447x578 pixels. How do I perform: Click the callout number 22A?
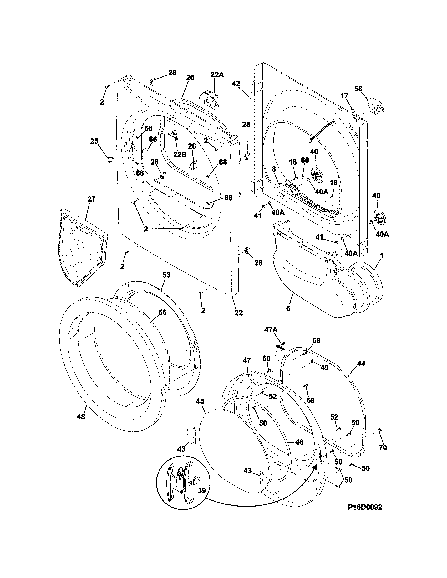coord(217,75)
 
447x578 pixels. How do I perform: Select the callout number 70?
coord(383,447)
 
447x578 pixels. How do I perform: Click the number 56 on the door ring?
coord(162,312)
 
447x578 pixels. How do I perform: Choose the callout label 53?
coord(166,275)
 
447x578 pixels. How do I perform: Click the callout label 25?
coord(94,141)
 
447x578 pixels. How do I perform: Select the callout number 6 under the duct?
coord(288,308)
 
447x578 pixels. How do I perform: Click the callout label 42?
coord(236,84)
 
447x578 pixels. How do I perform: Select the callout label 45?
coord(200,401)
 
